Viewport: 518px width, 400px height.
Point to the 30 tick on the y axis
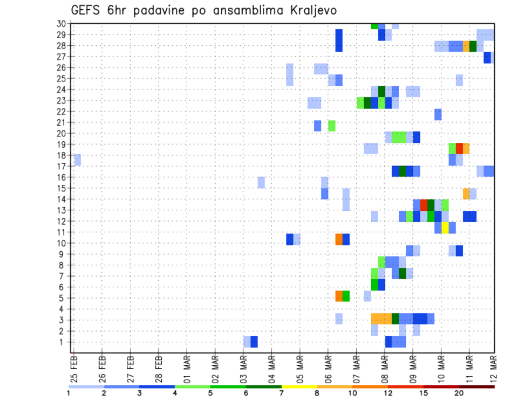61,24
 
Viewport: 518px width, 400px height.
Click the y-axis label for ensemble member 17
61,167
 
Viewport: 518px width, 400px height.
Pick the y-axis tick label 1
63,342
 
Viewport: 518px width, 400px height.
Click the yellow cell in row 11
445,227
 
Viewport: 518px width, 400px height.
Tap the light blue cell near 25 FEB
77,160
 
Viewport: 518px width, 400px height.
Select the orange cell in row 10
339,239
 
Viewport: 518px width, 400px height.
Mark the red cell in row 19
459,148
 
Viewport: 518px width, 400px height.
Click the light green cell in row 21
332,126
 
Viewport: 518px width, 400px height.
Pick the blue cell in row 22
438,114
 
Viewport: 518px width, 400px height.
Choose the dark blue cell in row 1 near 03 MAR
254,342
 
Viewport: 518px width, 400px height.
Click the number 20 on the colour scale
459,393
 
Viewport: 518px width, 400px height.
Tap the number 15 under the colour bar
424,393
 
